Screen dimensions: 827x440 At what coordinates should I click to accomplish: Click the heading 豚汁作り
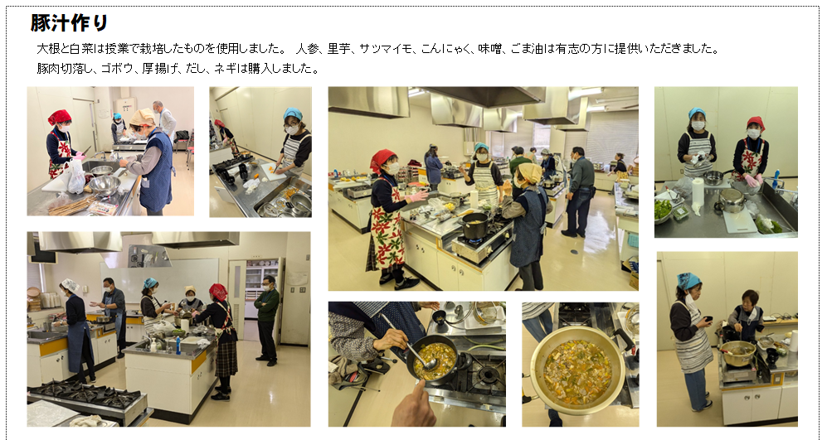[x=69, y=23]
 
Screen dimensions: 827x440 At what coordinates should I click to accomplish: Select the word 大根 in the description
[x=46, y=49]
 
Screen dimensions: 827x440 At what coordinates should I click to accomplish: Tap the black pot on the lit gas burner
[x=474, y=225]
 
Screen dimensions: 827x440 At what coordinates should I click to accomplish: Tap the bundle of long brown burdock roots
[x=69, y=205]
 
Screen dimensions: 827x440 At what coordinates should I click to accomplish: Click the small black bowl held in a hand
[x=708, y=319]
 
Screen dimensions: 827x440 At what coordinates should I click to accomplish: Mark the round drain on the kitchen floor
[x=574, y=251]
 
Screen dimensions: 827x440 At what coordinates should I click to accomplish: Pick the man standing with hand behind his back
[x=579, y=191]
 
